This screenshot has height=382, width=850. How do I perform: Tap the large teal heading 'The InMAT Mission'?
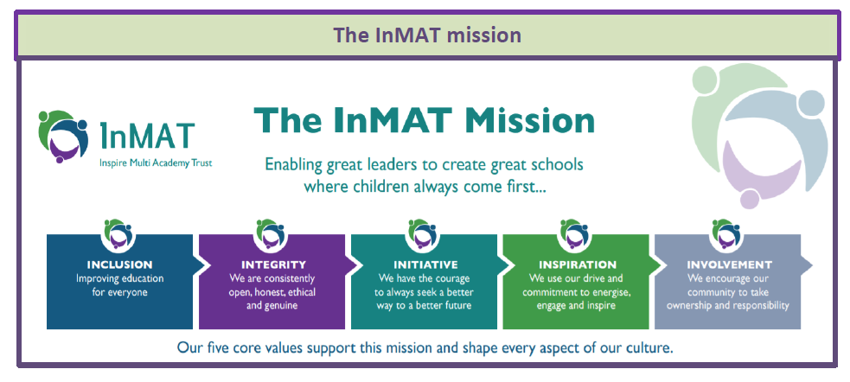[x=425, y=120]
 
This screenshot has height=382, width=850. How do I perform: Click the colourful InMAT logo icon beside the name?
[x=63, y=136]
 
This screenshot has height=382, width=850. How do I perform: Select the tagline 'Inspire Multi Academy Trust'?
[x=157, y=162]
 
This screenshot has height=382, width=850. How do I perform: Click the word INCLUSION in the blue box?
[x=120, y=265]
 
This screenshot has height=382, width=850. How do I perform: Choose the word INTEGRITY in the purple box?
[x=273, y=265]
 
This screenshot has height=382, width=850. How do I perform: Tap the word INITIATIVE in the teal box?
[x=425, y=265]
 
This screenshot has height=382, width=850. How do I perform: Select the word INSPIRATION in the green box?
[x=578, y=265]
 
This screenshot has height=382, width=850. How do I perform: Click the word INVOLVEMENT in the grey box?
[x=729, y=265]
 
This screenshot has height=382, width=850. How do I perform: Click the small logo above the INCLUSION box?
[x=118, y=232]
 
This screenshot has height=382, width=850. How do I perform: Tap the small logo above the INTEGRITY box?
[x=271, y=232]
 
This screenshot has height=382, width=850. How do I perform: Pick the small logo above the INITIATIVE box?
[x=423, y=232]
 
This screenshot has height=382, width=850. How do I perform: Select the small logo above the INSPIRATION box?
[x=575, y=232]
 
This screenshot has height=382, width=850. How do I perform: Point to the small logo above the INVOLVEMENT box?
[x=726, y=232]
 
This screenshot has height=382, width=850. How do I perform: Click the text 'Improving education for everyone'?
[x=120, y=285]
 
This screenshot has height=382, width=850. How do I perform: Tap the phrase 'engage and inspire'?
[x=575, y=306]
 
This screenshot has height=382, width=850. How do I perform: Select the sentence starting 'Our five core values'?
[x=425, y=347]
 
